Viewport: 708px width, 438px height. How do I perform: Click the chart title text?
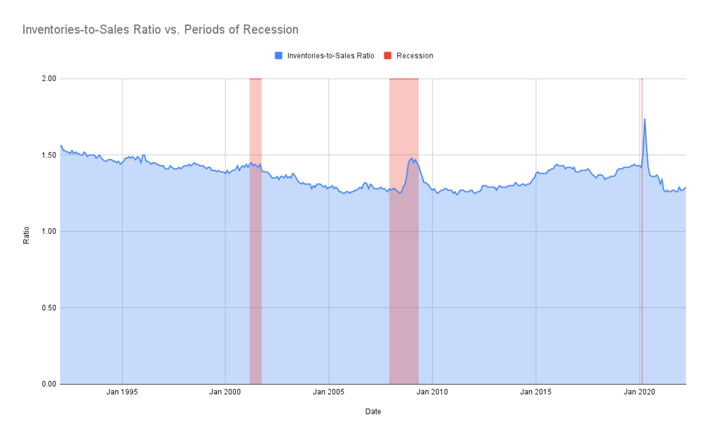160,29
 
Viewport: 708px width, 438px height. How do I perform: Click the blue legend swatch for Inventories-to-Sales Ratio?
279,55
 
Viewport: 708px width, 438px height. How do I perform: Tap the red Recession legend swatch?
388,55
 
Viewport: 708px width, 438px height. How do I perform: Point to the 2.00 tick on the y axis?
48,79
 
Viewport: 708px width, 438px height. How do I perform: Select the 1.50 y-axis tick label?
48,155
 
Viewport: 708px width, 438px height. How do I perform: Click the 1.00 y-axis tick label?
48,231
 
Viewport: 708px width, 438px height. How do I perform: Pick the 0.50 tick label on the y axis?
48,308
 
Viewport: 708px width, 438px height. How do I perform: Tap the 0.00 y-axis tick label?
48,384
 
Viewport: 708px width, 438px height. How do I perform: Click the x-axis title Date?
373,412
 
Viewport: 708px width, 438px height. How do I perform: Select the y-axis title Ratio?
27,231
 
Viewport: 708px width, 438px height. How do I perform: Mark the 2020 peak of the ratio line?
644,119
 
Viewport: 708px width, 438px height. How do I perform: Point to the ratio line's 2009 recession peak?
411,158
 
